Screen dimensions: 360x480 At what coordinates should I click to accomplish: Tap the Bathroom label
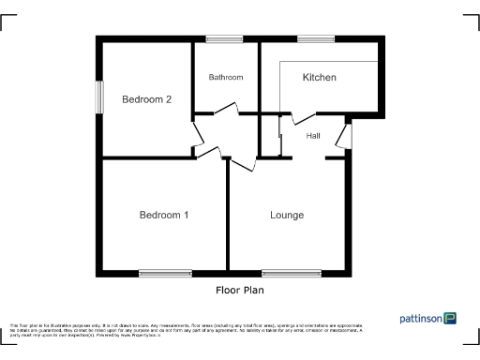226,77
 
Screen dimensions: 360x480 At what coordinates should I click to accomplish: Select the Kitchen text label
319,77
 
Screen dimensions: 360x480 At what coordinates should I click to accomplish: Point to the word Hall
313,136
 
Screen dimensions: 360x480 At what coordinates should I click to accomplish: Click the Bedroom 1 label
164,215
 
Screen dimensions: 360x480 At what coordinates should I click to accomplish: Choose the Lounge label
287,215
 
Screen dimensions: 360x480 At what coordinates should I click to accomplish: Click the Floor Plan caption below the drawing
240,291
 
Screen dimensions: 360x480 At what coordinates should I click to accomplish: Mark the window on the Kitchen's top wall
317,38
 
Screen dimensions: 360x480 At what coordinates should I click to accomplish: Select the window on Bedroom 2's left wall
98,97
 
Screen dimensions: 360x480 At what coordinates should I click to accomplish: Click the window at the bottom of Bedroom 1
165,274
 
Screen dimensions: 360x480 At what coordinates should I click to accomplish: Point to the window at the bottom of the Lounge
290,274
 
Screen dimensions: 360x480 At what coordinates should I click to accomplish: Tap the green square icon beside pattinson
451,319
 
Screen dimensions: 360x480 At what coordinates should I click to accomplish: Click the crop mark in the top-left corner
8,20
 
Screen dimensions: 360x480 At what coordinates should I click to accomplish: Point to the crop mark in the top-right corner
471,20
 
